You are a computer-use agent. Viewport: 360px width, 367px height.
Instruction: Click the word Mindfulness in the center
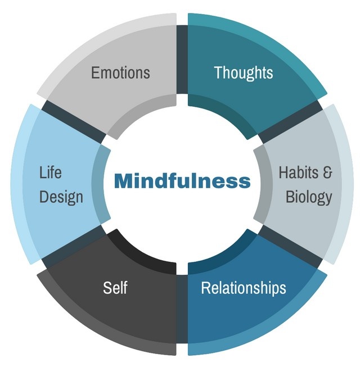182,181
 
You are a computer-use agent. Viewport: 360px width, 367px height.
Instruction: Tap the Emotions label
120,73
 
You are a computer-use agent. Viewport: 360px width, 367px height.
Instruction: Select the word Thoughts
243,73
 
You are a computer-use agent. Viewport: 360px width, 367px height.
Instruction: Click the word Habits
296,172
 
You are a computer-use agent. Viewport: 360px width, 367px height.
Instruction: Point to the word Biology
308,197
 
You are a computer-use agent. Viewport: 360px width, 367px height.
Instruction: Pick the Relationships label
243,288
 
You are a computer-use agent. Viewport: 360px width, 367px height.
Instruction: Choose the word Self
115,288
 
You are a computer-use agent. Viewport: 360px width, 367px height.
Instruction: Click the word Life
50,172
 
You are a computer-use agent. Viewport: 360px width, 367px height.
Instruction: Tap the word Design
61,197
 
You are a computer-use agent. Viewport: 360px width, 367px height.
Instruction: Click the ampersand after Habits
327,172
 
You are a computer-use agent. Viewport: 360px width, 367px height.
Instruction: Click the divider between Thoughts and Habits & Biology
290,121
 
